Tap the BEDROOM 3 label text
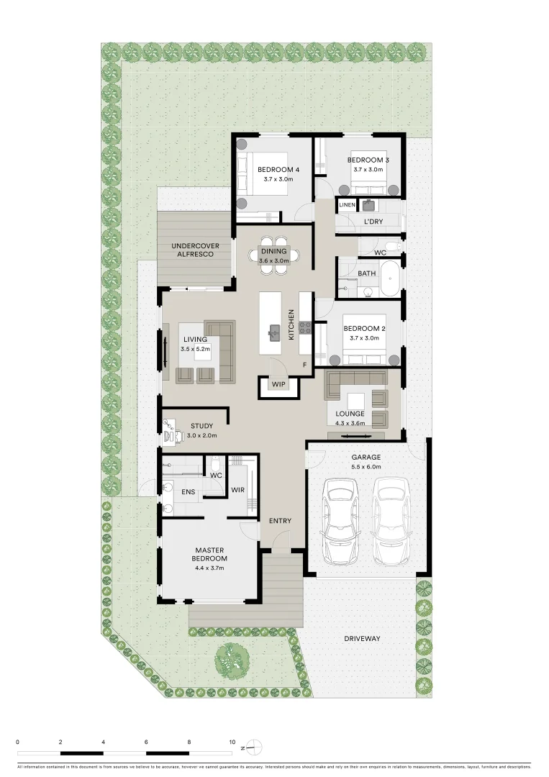pos(368,160)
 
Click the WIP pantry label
pos(278,384)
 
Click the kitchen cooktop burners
pos(305,328)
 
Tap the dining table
pos(274,255)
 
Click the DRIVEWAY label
pos(361,638)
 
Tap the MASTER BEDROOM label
pos(209,554)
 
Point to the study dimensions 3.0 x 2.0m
pos(202,435)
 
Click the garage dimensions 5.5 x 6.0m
pos(366,467)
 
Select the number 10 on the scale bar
pos(232,741)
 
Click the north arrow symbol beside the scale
pos(255,748)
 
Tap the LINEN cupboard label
pos(347,205)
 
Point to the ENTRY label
pos(279,520)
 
